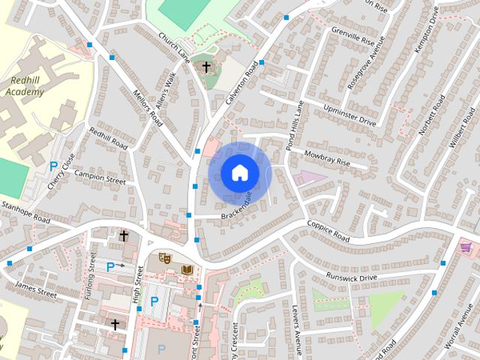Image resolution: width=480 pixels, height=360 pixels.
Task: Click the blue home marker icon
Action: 239,173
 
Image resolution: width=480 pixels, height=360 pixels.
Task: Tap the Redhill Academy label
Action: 25,86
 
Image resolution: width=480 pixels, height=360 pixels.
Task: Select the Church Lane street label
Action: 173,46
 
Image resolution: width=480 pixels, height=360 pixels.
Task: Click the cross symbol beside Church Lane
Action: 206,67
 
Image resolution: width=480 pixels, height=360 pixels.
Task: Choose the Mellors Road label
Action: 146,107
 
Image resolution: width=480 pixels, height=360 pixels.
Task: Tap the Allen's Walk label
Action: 166,95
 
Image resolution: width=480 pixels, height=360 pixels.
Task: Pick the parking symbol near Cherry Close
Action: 53,166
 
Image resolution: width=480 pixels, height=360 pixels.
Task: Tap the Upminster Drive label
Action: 349,115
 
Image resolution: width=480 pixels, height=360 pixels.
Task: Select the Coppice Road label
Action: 328,230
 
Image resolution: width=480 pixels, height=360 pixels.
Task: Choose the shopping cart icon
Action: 466,246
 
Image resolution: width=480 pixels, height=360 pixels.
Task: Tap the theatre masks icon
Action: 165,257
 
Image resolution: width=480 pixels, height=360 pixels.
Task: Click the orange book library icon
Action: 187,268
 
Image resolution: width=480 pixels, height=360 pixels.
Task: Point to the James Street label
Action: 36,290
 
